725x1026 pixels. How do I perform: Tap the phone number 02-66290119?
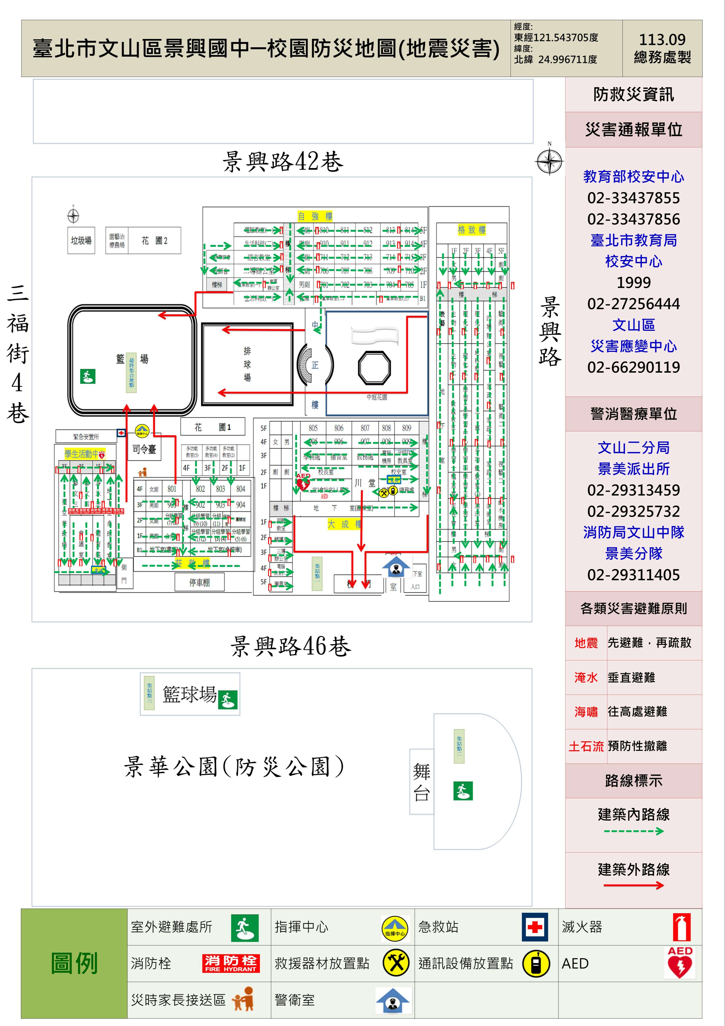click(634, 367)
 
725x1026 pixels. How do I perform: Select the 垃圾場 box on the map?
click(81, 240)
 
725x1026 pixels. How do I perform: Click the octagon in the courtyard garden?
click(374, 368)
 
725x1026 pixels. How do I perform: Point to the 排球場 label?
click(247, 364)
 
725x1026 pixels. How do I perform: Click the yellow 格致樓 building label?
click(471, 230)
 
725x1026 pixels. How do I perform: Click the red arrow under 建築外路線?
click(634, 885)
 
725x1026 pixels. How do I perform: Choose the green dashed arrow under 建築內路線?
click(634, 831)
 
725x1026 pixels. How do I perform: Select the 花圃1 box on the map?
click(213, 427)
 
